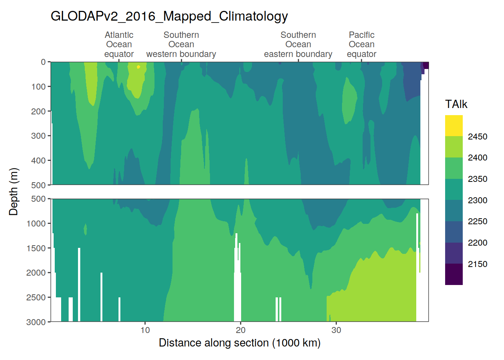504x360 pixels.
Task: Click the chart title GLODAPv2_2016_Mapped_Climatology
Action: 169,16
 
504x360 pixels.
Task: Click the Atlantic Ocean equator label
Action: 119,45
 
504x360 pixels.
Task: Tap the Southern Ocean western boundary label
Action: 181,45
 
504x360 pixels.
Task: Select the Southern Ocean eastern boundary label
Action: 298,45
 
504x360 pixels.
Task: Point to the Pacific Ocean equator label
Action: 361,45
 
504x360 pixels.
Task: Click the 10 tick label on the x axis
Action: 145,330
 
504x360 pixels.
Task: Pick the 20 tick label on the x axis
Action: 241,330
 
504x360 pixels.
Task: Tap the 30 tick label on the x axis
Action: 336,330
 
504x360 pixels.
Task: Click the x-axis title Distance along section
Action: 240,343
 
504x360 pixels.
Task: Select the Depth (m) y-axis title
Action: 13,192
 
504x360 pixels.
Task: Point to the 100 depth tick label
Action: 38,87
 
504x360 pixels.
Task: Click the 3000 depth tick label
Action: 36,322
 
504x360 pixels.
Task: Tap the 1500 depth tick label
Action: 36,248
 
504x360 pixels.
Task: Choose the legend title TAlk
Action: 456,104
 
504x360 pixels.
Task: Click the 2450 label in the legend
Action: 477,136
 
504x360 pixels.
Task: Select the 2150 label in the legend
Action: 477,264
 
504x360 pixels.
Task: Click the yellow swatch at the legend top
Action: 454,126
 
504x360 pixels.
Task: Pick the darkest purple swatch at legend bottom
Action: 454,274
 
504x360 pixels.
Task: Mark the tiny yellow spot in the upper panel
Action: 138,67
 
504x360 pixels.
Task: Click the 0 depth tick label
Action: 43,62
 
